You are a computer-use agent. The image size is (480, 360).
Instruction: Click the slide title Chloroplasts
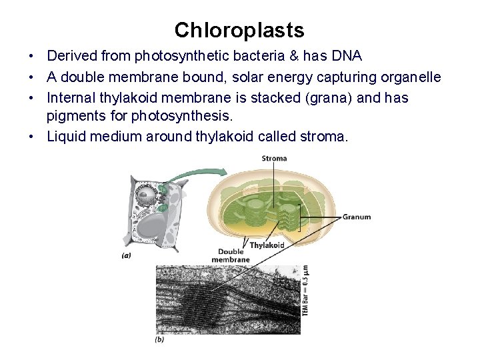[x=239, y=30]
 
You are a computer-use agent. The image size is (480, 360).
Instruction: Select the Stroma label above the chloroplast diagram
[x=273, y=159]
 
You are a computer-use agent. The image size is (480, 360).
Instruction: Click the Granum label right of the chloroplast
[x=357, y=217]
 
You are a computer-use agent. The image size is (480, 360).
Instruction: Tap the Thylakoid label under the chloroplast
[x=267, y=245]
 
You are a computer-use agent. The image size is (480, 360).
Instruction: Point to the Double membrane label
[x=231, y=255]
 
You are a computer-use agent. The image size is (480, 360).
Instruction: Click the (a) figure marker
[x=126, y=254]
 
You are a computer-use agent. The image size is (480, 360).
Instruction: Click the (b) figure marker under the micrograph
[x=159, y=340]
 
